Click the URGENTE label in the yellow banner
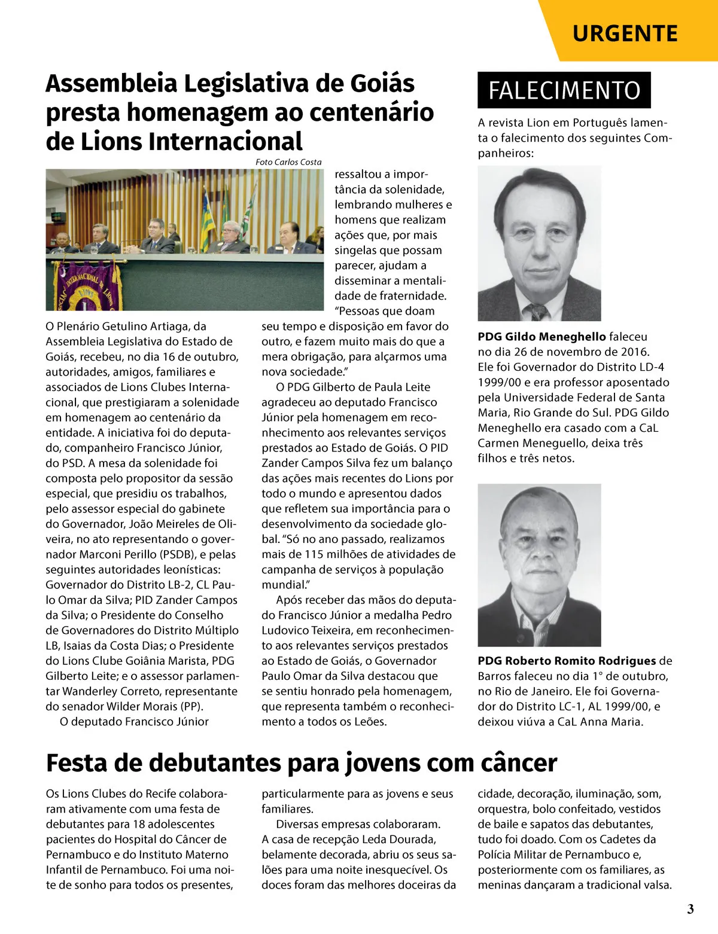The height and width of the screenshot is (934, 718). point(625,33)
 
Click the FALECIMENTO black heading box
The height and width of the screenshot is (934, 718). point(564,90)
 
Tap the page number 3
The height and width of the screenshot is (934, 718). point(690,909)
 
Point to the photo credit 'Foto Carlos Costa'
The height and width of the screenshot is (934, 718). point(288,162)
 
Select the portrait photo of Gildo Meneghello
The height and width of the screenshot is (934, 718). point(539,243)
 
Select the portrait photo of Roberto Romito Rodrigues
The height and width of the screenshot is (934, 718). point(539,564)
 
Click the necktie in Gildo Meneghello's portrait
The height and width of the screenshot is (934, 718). point(538,312)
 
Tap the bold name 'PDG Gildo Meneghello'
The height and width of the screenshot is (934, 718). point(541,337)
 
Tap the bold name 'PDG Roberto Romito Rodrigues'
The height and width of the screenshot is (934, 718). point(567,661)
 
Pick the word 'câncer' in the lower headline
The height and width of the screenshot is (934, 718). point(519,764)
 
